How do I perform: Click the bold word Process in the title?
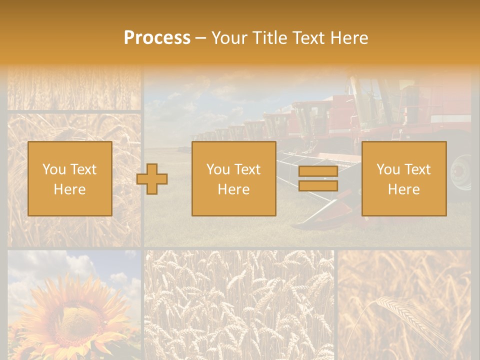157,38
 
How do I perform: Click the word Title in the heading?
268,38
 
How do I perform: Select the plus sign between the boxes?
152,179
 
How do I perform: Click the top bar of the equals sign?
318,171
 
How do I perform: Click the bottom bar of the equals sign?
318,186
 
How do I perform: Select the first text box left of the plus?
69,178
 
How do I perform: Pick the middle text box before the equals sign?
233,178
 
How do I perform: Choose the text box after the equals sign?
403,178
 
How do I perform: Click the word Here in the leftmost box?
69,189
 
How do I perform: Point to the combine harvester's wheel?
461,172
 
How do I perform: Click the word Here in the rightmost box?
403,189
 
